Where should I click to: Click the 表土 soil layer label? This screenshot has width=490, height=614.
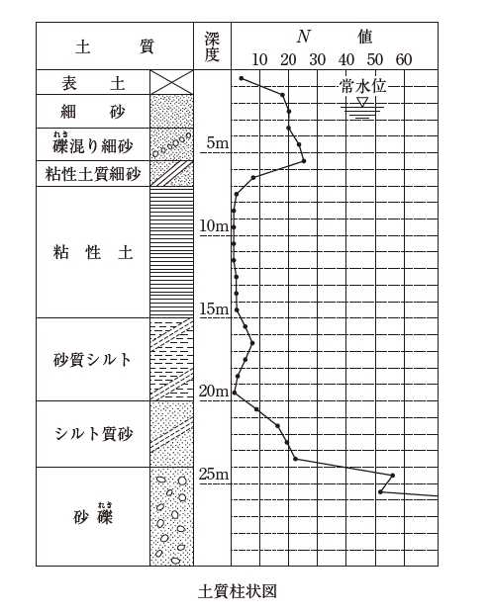[x=93, y=83]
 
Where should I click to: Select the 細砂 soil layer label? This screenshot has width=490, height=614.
[x=93, y=112]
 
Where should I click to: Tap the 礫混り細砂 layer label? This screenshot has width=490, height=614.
[x=93, y=144]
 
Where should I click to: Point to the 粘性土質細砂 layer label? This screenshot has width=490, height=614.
[x=93, y=174]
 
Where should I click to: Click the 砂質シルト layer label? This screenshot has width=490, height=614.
[x=92, y=360]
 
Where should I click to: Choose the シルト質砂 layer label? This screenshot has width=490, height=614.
[x=94, y=434]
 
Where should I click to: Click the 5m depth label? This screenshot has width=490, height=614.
[x=217, y=143]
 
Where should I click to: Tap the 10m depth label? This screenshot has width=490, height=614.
[x=214, y=226]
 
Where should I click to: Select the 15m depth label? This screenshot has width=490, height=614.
[x=214, y=308]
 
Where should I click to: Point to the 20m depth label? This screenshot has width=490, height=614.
[x=214, y=392]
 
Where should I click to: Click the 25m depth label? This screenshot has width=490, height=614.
[x=214, y=475]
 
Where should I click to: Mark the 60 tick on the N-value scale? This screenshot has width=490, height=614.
[x=404, y=59]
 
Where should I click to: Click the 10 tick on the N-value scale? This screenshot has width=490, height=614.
[x=259, y=59]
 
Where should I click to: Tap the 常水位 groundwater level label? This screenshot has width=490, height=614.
[x=363, y=86]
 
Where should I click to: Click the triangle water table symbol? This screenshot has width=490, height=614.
[x=363, y=102]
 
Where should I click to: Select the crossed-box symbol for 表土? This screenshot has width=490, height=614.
[x=171, y=82]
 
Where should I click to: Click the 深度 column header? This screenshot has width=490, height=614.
[x=212, y=46]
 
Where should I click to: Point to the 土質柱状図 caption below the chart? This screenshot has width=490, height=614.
[x=238, y=591]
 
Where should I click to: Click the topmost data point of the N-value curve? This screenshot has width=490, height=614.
[x=242, y=79]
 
